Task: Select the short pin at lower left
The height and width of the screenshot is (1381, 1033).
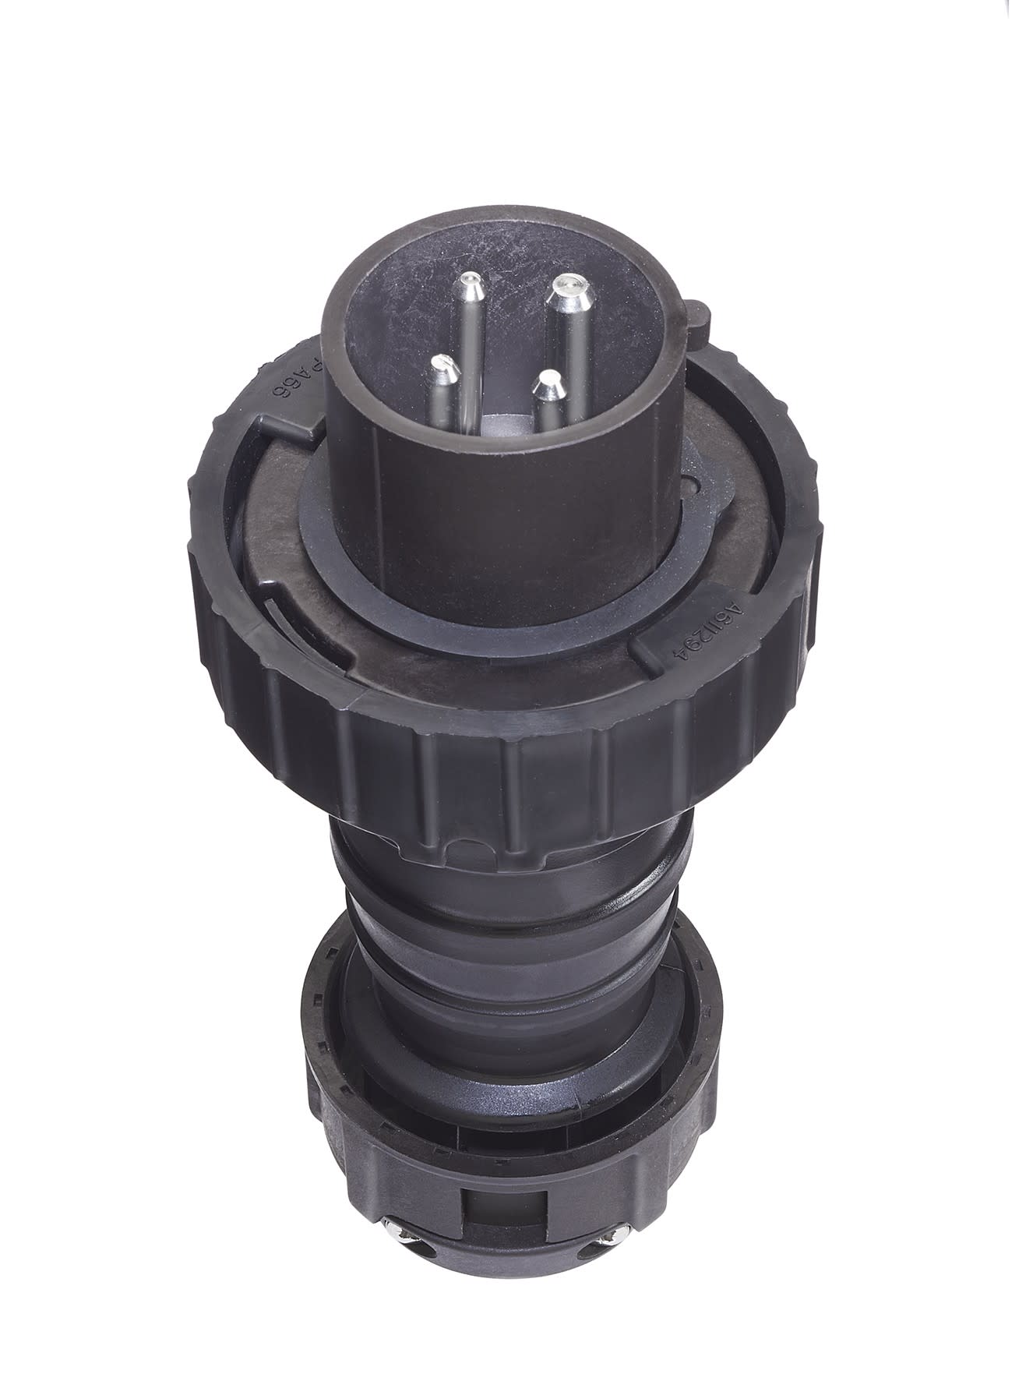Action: coord(442,364)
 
